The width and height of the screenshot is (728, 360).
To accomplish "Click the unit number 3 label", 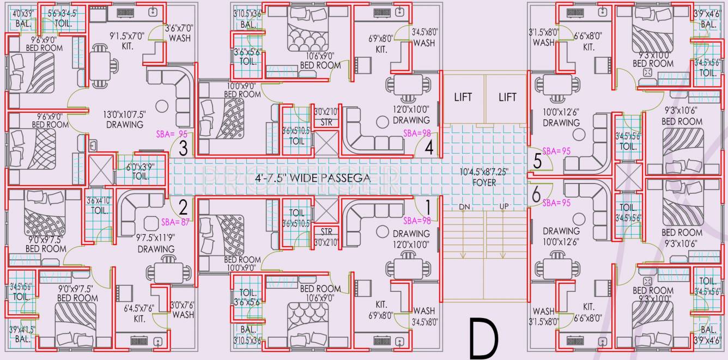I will pyautogui.click(x=184, y=148).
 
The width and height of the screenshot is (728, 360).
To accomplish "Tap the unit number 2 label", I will pyautogui.click(x=184, y=206).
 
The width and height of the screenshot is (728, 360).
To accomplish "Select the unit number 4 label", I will pyautogui.click(x=429, y=148).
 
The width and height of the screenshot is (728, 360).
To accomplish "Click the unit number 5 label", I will pyautogui.click(x=537, y=161).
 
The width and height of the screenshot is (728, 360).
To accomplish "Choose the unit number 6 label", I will pyautogui.click(x=536, y=193).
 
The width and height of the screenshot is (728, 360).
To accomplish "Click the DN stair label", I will pyautogui.click(x=464, y=207).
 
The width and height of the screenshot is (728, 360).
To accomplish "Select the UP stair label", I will pyautogui.click(x=504, y=207).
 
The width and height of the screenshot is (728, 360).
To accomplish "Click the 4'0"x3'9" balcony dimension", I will pyautogui.click(x=23, y=13).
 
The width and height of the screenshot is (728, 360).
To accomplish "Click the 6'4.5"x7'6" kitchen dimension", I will pyautogui.click(x=139, y=308).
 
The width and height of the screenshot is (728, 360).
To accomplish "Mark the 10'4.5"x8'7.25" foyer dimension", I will pyautogui.click(x=484, y=172).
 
